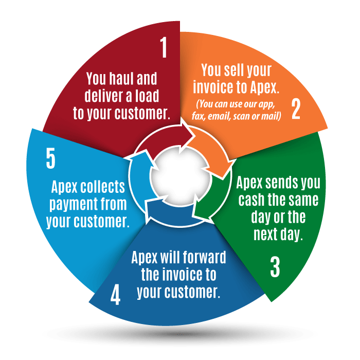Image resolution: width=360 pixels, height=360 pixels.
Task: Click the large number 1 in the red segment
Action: click(164, 47)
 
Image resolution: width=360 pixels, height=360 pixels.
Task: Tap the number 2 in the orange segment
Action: click(296, 109)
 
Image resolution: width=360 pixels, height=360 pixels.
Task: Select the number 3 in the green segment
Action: click(275, 267)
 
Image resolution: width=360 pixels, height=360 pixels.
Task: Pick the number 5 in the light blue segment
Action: click(51, 158)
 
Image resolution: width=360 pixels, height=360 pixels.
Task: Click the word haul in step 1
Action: click(121, 79)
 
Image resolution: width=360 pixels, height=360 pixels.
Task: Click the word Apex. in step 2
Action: click(264, 87)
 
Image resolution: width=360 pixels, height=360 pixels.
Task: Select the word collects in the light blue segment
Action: click(103, 186)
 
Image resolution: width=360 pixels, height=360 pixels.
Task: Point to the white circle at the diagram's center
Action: click(181, 176)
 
